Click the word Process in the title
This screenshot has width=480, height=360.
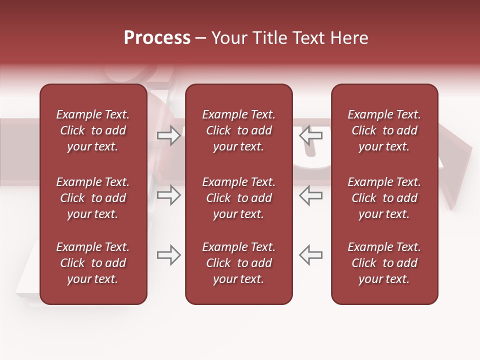coord(157,38)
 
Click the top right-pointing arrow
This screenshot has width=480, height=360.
coord(169,135)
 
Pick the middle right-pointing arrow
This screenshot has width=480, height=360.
coord(169,195)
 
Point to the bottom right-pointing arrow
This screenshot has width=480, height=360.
coord(169,255)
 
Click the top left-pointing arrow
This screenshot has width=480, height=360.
coord(311,135)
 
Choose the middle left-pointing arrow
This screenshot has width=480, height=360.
coord(311,195)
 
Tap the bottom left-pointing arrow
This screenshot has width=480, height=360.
coord(311,255)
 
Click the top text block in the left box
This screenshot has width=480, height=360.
coord(93,130)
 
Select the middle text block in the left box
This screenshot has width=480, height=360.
coord(93,198)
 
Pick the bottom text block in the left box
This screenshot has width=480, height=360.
coord(93,263)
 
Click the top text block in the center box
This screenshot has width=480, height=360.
coord(238,130)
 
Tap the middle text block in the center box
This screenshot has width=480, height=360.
coord(238,198)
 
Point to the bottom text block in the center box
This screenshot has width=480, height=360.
coord(238,263)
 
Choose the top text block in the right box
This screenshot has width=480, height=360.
coord(384,130)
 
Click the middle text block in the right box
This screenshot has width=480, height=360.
coord(384,198)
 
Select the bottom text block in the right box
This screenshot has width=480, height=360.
coord(384,263)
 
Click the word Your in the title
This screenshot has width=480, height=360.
coord(229,38)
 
